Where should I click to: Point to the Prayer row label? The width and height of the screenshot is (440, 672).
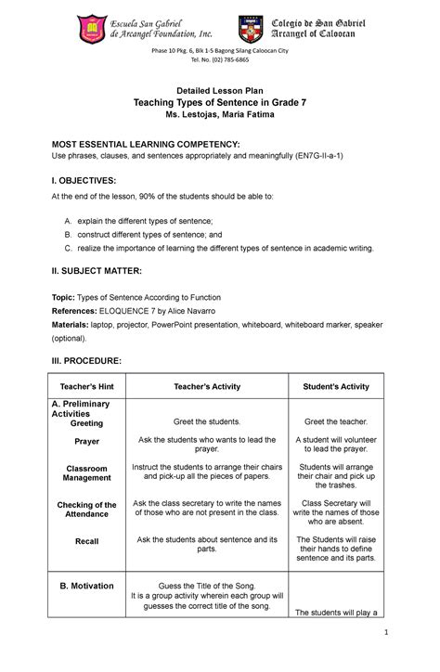[86, 442]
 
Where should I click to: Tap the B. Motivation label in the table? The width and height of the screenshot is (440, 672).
[86, 586]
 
